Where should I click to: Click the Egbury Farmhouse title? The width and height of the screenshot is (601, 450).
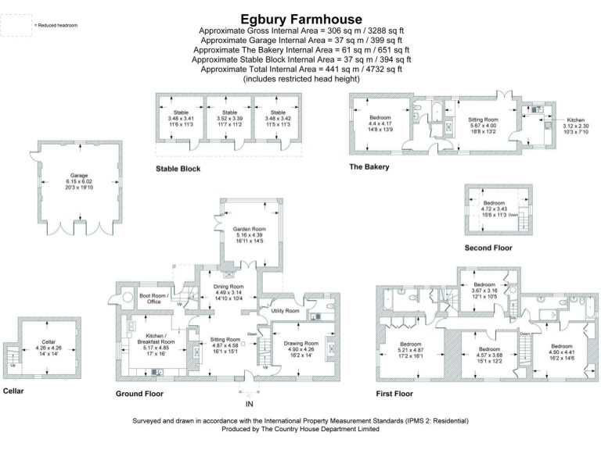pyautogui.click(x=301, y=18)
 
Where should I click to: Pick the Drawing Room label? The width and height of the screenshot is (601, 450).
pyautogui.click(x=300, y=342)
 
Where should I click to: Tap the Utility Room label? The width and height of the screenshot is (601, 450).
pyautogui.click(x=286, y=311)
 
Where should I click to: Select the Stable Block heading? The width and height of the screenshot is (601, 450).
pyautogui.click(x=178, y=168)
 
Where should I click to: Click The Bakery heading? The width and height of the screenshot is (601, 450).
pyautogui.click(x=369, y=166)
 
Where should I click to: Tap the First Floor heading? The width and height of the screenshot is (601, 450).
pyautogui.click(x=394, y=393)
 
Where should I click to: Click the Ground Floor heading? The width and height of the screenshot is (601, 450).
pyautogui.click(x=139, y=393)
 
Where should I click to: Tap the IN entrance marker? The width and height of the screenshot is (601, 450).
pyautogui.click(x=250, y=404)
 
